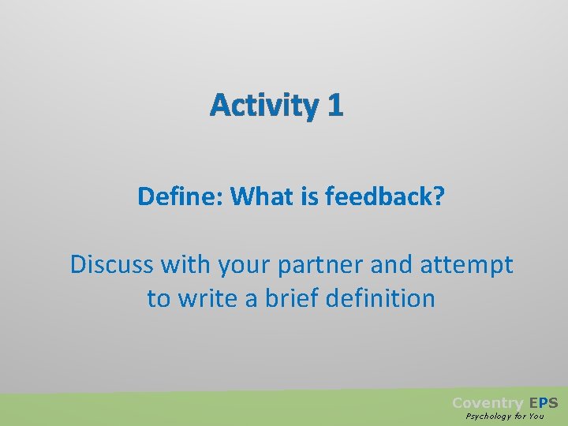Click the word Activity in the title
262,106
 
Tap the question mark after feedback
438,196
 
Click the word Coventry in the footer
487,403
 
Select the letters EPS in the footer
544,403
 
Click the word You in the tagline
536,417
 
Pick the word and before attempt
391,264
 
